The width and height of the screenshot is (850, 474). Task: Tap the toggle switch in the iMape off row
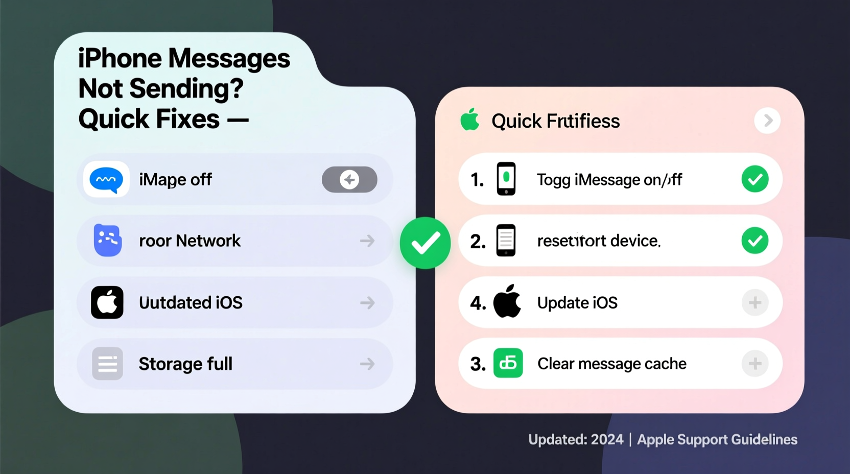349,179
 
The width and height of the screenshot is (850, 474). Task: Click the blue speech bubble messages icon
106,180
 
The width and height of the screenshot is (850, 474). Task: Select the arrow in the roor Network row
367,241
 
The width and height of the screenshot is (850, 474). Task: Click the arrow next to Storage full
367,364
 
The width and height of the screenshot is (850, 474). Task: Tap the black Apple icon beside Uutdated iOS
107,302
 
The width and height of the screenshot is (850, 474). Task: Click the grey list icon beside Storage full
107,364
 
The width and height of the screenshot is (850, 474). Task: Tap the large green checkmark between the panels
425,243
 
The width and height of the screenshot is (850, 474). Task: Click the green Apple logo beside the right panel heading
470,120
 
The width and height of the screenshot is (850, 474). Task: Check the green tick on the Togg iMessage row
754,179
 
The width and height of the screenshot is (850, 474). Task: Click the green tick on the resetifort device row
754,241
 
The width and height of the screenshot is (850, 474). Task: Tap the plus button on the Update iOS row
754,302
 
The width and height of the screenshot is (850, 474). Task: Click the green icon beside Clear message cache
508,363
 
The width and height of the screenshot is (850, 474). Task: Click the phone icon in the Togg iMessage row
506,179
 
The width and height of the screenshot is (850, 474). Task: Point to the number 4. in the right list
478,303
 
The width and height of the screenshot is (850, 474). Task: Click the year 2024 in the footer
607,439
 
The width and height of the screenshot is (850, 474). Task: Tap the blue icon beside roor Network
107,240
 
